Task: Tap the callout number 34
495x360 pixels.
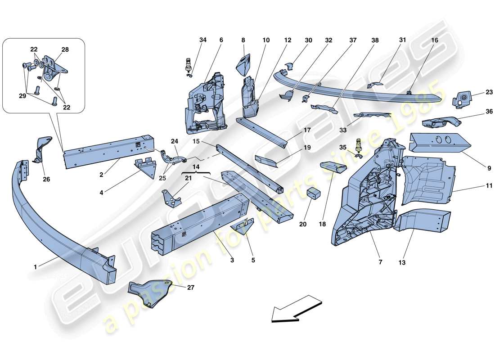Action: (203, 40)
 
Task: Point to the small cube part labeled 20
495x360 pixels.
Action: (314, 193)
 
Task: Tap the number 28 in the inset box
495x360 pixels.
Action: (65, 49)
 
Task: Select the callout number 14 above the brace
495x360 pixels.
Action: (196, 166)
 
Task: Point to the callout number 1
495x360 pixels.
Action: (35, 267)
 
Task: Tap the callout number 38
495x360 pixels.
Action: (375, 40)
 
